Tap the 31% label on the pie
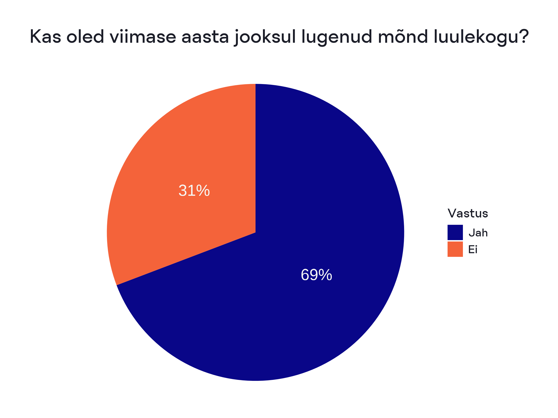pyautogui.click(x=194, y=190)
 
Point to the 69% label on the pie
pyautogui.click(x=316, y=275)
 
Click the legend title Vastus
pyautogui.click(x=468, y=213)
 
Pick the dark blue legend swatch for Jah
pyautogui.click(x=455, y=232)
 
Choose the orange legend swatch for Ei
pyautogui.click(x=455, y=249)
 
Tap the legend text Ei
pyautogui.click(x=473, y=249)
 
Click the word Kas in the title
pyautogui.click(x=45, y=37)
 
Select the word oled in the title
pyautogui.click(x=85, y=37)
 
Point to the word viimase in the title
pyautogui.click(x=143, y=37)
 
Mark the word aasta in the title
pyautogui.click(x=205, y=37)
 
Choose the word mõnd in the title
pyautogui.click(x=403, y=37)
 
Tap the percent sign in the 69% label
pyautogui.click(x=325, y=275)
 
